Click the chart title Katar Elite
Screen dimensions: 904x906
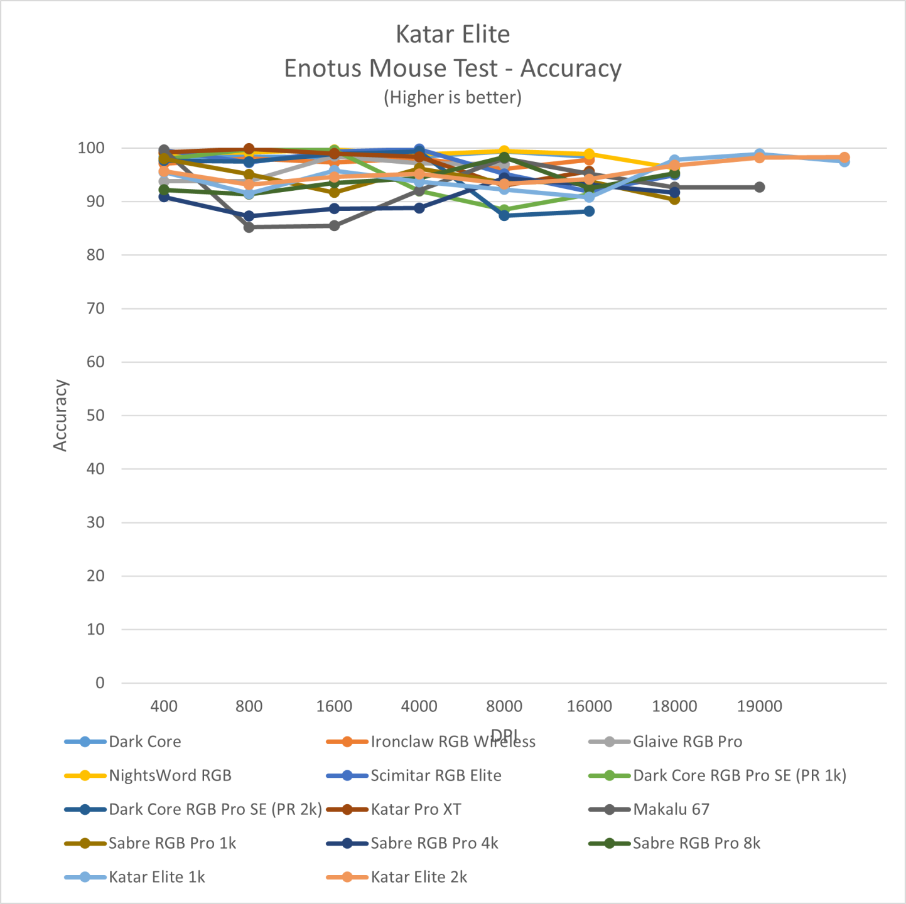(453, 35)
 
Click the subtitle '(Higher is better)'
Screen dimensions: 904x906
(453, 97)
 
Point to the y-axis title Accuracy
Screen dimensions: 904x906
(60, 415)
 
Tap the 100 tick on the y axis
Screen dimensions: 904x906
(91, 148)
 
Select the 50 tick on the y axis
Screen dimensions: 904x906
(95, 416)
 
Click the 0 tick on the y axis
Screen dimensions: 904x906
(100, 683)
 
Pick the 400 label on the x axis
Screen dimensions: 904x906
(164, 706)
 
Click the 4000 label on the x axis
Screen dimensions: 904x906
(419, 706)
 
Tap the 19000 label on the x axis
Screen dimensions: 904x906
(759, 706)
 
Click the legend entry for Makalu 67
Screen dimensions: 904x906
(671, 809)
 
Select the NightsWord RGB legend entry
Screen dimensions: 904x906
(170, 775)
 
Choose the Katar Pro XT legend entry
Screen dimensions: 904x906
(416, 809)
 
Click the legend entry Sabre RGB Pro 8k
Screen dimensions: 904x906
(696, 843)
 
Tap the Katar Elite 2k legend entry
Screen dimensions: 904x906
(419, 877)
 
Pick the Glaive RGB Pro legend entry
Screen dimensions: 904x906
(688, 741)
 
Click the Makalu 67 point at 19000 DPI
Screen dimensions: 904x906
(759, 187)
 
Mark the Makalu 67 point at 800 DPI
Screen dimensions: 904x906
(249, 227)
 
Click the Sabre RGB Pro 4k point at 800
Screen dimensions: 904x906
(249, 216)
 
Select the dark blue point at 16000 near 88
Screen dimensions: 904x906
(589, 211)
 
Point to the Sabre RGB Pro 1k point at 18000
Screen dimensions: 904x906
(674, 199)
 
